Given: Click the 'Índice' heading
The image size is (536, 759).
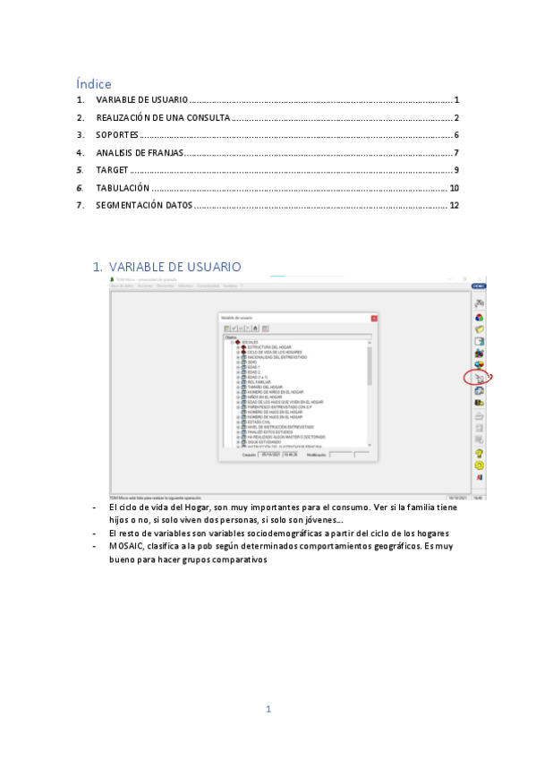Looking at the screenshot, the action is pyautogui.click(x=94, y=84).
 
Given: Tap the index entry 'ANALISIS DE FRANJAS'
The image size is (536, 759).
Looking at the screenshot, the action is pyautogui.click(x=140, y=152).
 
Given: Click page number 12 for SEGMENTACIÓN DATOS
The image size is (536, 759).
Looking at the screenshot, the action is pyautogui.click(x=454, y=205).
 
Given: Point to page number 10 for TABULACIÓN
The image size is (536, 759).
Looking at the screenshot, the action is pyautogui.click(x=454, y=188).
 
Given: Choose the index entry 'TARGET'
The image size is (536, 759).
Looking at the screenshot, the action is pyautogui.click(x=112, y=170).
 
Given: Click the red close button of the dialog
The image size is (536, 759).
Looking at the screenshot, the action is pyautogui.click(x=374, y=318).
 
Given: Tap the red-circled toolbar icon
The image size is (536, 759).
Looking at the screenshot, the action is pyautogui.click(x=480, y=378).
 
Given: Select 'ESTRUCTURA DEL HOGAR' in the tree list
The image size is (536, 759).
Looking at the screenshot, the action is pyautogui.click(x=269, y=346).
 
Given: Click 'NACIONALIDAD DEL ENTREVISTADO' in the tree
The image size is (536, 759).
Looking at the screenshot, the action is pyautogui.click(x=277, y=356).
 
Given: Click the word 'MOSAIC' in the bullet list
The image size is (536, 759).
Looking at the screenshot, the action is pyautogui.click(x=124, y=544).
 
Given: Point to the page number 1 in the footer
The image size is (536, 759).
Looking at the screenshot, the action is pyautogui.click(x=268, y=709).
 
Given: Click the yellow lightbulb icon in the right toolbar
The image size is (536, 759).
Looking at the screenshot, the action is pyautogui.click(x=480, y=453).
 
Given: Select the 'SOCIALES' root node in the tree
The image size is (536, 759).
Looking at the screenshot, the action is pyautogui.click(x=250, y=342).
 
